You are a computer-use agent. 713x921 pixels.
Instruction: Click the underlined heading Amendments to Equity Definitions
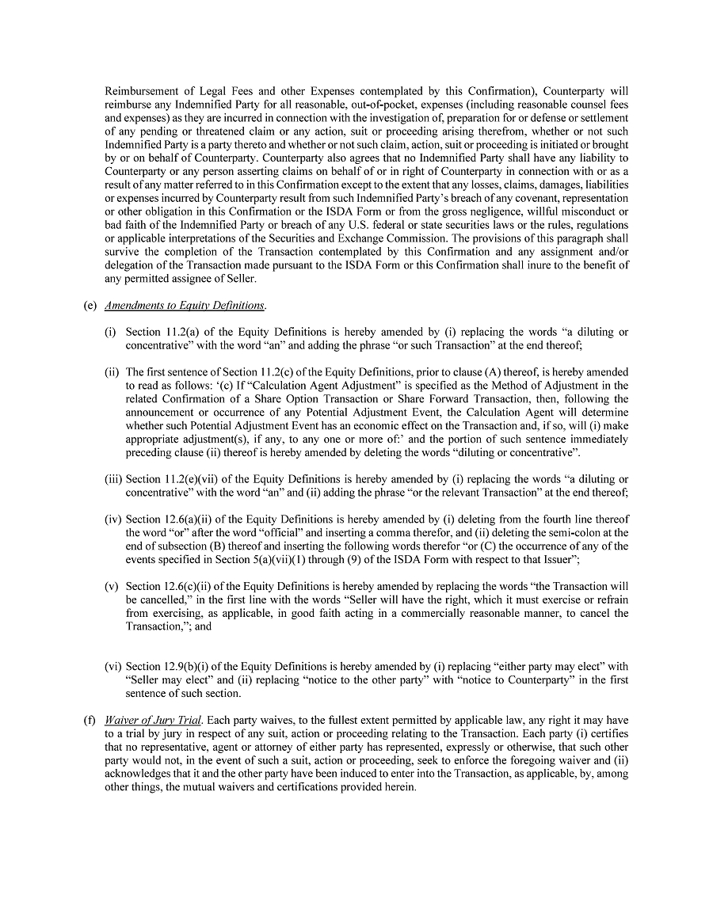(185, 306)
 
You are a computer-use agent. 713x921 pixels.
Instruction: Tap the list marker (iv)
(112, 519)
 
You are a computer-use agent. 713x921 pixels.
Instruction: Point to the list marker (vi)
(112, 667)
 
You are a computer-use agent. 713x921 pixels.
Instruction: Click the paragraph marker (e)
(90, 306)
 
